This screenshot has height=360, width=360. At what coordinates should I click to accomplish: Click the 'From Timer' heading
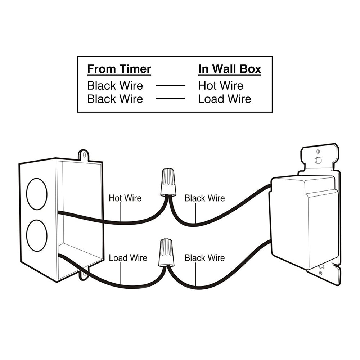tap(119, 69)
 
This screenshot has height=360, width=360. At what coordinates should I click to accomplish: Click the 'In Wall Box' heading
tap(229, 69)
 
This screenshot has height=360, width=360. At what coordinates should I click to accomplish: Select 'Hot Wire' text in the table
tap(220, 86)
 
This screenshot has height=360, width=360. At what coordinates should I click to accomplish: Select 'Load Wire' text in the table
tap(224, 99)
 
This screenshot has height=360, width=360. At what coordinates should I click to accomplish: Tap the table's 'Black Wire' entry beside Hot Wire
tap(115, 86)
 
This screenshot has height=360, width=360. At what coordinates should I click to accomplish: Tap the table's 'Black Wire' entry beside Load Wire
tap(115, 99)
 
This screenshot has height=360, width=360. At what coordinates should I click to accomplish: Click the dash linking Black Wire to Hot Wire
tap(170, 86)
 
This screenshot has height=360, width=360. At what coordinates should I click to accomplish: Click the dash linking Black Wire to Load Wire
tap(170, 98)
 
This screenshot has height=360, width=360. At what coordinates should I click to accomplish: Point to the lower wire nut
tap(166, 252)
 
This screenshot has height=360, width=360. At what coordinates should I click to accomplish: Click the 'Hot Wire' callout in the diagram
tap(125, 198)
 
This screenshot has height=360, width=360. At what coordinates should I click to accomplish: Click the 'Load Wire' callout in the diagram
tap(128, 258)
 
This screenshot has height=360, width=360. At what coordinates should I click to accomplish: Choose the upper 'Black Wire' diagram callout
tap(204, 198)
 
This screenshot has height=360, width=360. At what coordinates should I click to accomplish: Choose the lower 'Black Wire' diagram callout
tap(204, 258)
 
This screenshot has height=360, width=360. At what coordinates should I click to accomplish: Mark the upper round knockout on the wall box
tap(37, 193)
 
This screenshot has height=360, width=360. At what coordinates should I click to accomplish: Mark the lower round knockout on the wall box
tap(37, 235)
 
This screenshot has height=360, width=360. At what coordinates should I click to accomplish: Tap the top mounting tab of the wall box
tap(84, 156)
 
